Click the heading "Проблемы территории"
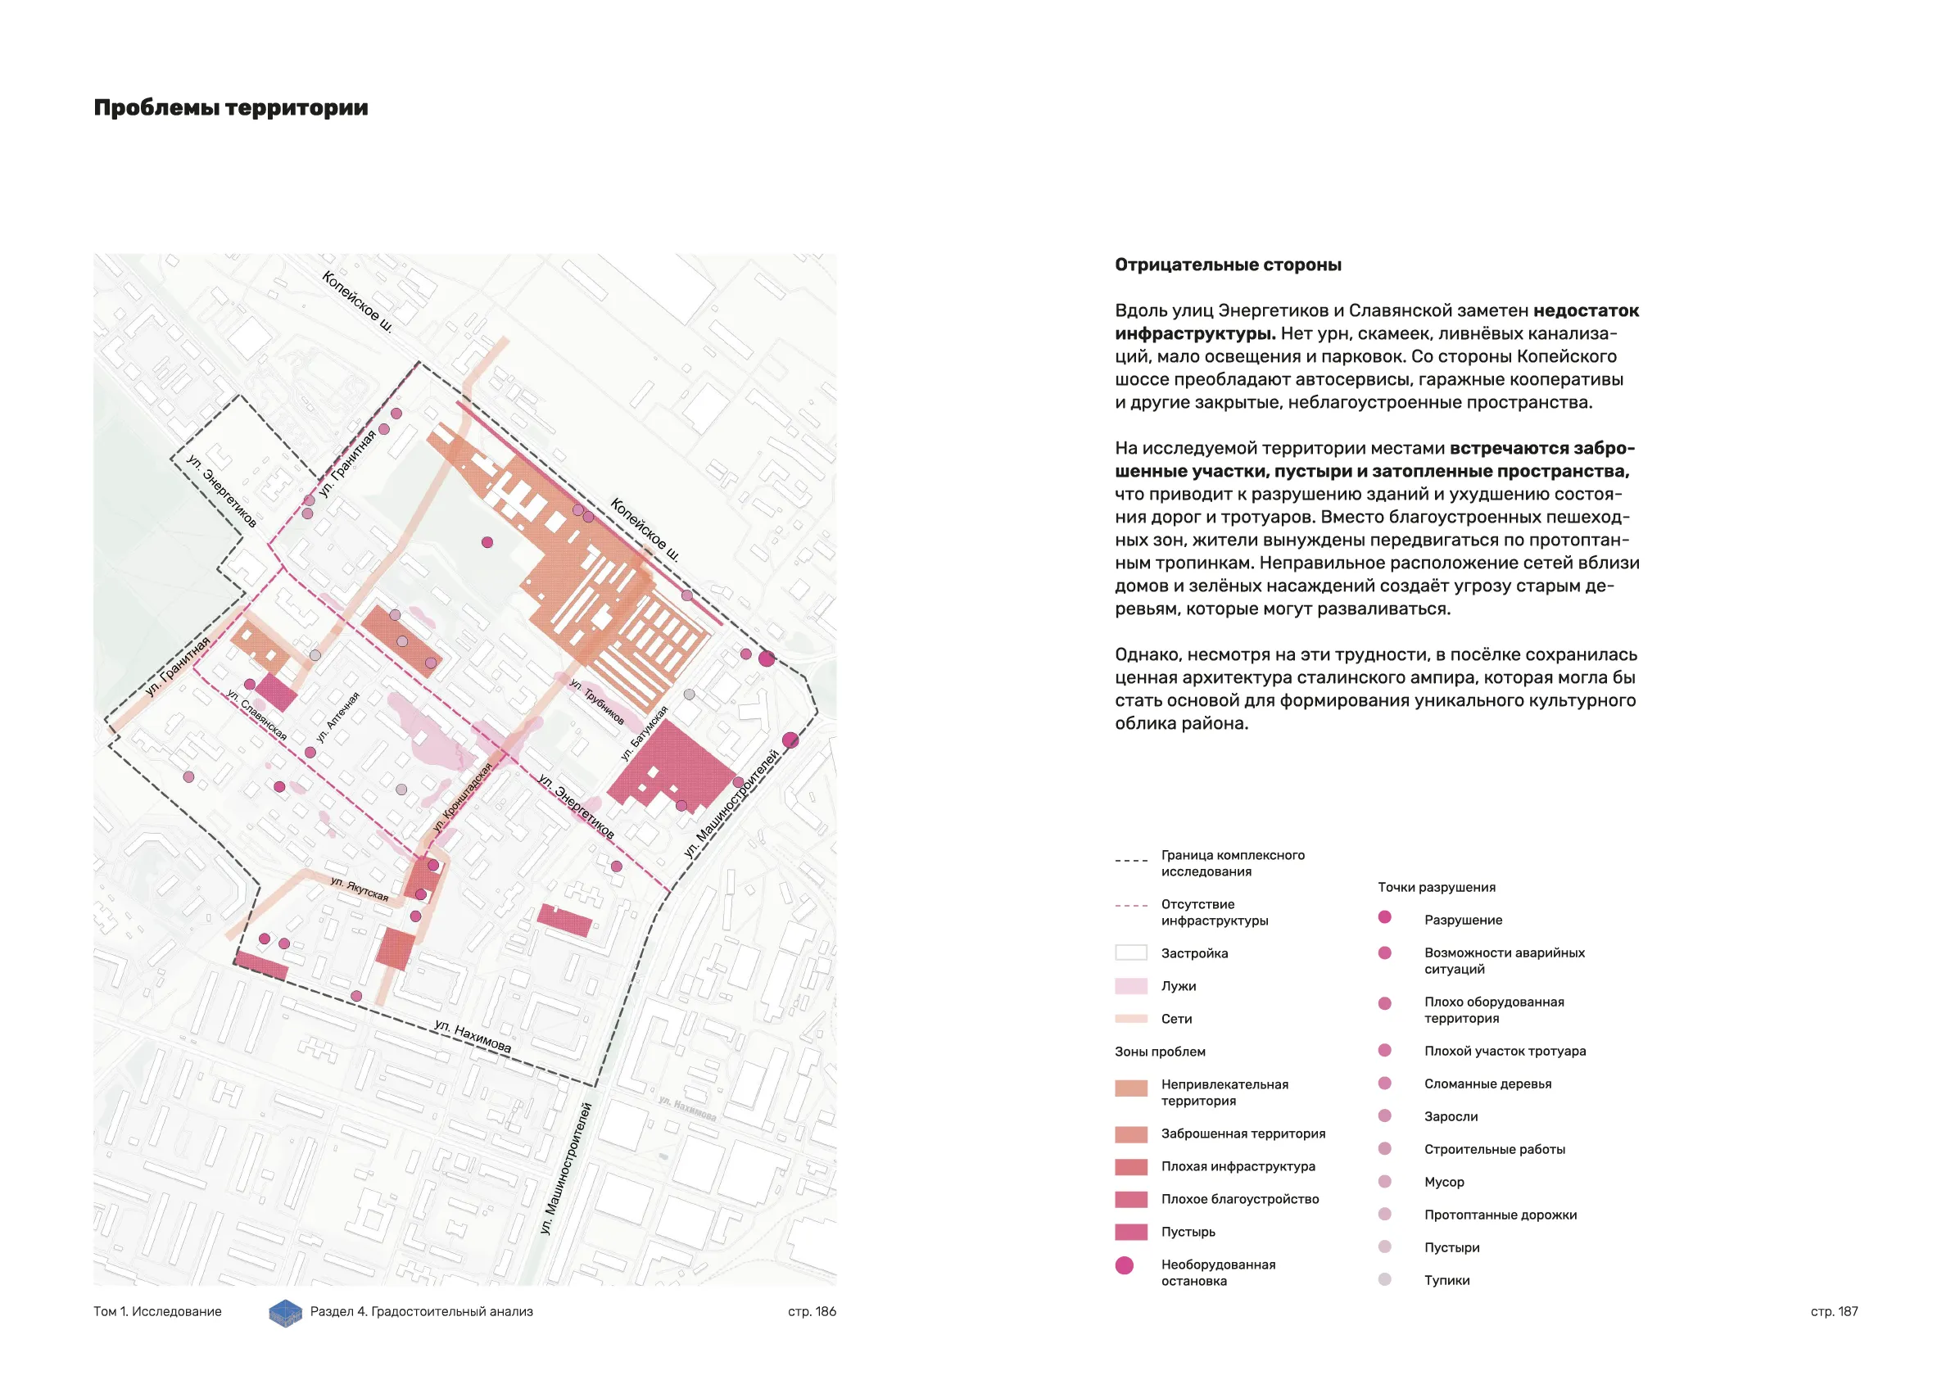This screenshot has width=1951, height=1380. click(x=230, y=108)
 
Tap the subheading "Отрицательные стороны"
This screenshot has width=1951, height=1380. click(x=1228, y=265)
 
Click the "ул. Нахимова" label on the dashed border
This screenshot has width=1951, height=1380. click(x=473, y=1037)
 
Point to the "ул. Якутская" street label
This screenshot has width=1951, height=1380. click(x=360, y=888)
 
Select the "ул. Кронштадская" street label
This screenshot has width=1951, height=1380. click(x=462, y=797)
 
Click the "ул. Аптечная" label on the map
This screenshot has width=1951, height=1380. click(x=337, y=717)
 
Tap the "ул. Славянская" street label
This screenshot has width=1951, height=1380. click(x=256, y=714)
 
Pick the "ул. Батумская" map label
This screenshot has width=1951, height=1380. click(x=644, y=733)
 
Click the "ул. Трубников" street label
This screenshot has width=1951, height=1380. click(x=596, y=702)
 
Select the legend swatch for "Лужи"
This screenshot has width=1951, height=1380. click(x=1131, y=986)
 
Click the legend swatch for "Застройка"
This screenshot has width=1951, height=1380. click(x=1131, y=952)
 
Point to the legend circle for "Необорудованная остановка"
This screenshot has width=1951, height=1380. click(x=1125, y=1265)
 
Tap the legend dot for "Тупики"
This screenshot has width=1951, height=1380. click(x=1384, y=1279)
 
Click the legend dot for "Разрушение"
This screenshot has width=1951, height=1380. click(x=1384, y=917)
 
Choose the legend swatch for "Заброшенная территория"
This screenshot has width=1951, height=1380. click(x=1131, y=1134)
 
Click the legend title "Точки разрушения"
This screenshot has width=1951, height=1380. click(x=1436, y=887)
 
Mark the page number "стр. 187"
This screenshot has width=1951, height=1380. click(x=1834, y=1311)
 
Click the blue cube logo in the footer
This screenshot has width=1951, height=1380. click(x=286, y=1313)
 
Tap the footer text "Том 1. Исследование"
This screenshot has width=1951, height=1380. click(x=157, y=1311)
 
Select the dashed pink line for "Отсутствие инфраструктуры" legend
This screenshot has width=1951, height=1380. click(x=1131, y=906)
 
